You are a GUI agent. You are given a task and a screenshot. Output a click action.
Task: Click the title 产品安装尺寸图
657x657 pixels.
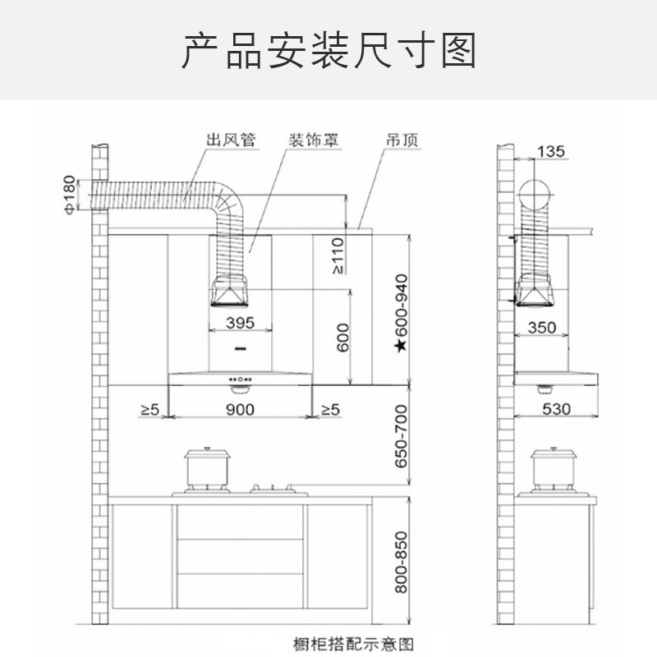tap(328, 51)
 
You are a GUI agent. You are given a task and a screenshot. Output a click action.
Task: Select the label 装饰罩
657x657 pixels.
tap(313, 140)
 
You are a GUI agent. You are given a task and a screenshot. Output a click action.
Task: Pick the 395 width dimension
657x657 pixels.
tap(239, 323)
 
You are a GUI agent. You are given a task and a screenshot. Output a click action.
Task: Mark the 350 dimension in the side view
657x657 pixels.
tap(542, 327)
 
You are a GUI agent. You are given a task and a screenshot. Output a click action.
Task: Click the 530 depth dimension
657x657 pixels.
tap(556, 408)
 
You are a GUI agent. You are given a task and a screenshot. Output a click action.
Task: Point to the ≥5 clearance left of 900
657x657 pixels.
tap(149, 408)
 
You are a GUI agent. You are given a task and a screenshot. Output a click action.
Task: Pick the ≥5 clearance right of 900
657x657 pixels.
tap(329, 408)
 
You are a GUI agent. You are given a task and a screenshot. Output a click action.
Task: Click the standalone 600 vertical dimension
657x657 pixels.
tap(343, 338)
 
